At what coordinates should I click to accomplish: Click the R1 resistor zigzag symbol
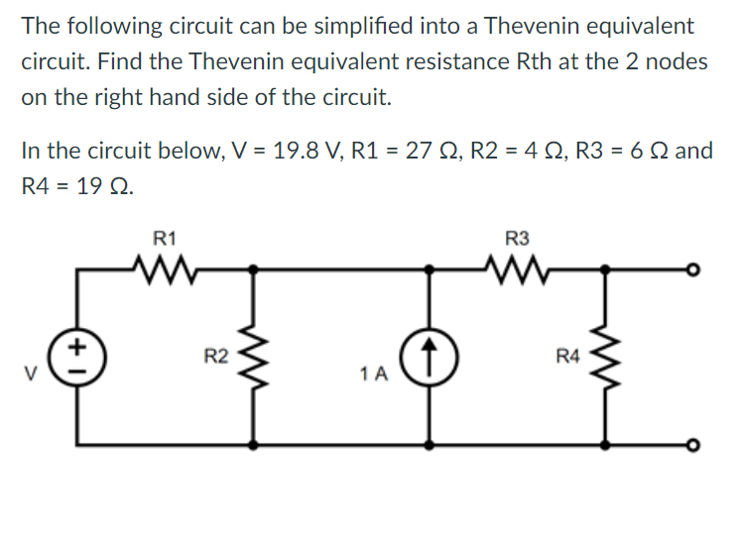pyautogui.click(x=166, y=267)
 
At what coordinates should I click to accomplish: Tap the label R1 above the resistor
pyautogui.click(x=165, y=238)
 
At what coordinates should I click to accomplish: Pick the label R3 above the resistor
pyautogui.click(x=517, y=238)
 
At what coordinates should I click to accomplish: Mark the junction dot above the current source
pyautogui.click(x=430, y=267)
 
